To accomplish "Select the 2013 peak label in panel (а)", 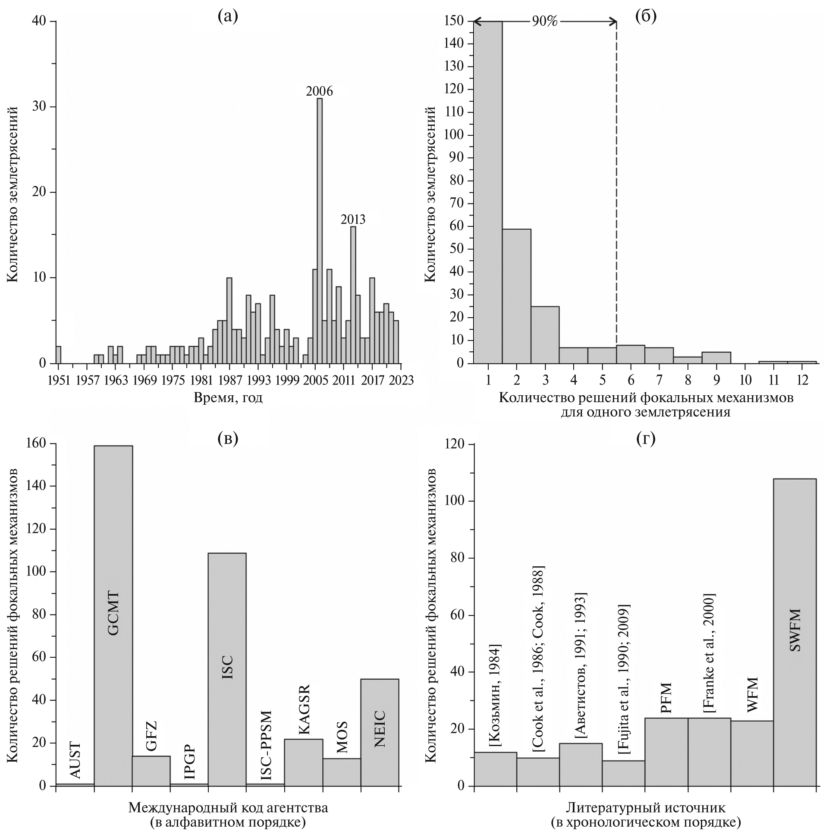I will pos(353,220).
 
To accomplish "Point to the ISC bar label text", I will pos(228,667).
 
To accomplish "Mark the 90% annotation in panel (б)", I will pos(544,22).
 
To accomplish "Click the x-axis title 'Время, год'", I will pos(228,397).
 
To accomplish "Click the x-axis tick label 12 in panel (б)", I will pos(802,380).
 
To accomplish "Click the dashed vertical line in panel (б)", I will pos(616,194).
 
